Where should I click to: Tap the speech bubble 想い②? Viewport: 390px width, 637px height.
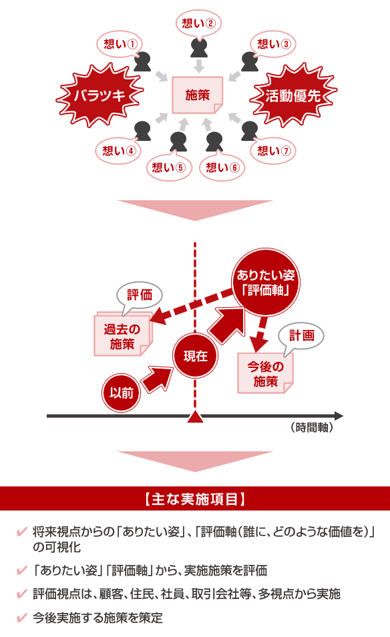click(x=198, y=23)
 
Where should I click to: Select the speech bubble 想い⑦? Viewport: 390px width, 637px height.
click(x=274, y=151)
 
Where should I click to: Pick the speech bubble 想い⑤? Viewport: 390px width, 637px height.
click(x=168, y=167)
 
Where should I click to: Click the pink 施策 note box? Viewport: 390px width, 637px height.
click(x=198, y=95)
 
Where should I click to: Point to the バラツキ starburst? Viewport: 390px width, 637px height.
click(x=99, y=95)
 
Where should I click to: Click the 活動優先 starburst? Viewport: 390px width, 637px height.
click(x=293, y=95)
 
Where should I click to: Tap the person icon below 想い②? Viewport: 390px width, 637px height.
click(x=199, y=48)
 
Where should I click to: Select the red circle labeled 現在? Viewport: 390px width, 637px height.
click(x=196, y=356)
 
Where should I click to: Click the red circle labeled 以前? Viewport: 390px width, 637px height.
click(x=121, y=393)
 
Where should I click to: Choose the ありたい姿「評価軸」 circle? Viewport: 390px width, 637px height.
click(x=266, y=282)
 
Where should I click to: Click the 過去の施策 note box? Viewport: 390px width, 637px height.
click(x=122, y=335)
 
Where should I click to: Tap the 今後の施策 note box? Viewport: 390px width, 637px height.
click(x=265, y=373)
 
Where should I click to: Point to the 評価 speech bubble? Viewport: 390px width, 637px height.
click(x=140, y=295)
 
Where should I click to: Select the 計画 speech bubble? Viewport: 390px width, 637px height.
click(x=301, y=336)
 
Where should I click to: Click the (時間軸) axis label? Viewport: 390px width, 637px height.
click(x=312, y=427)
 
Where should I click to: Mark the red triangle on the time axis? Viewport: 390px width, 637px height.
click(x=196, y=417)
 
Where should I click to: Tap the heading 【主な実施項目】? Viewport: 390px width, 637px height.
click(x=195, y=499)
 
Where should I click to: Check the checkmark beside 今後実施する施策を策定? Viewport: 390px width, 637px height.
click(x=21, y=618)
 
